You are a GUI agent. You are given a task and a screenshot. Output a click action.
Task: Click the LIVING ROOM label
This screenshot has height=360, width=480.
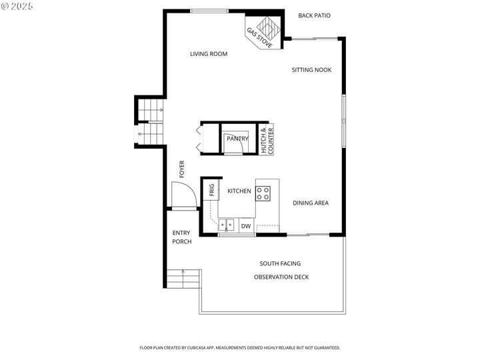tap(209, 54)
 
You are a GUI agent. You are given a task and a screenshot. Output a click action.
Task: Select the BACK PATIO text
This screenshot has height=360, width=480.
tap(314, 15)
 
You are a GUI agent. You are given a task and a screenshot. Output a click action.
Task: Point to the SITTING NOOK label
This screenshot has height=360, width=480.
tap(311, 70)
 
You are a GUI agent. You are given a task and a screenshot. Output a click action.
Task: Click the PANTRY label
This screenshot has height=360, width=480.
tap(237, 139)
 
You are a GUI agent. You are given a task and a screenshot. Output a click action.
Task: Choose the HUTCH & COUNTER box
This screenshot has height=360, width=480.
tap(267, 140)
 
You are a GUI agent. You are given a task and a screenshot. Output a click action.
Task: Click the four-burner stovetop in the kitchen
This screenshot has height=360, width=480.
tap(264, 193)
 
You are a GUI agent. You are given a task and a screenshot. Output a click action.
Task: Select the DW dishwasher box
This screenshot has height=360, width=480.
tap(245, 227)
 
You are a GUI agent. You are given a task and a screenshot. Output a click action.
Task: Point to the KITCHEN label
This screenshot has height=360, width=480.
tap(239, 191)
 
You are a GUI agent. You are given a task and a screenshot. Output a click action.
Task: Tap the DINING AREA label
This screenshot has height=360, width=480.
tap(311, 203)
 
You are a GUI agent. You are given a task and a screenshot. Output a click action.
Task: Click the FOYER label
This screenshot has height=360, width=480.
tap(181, 169)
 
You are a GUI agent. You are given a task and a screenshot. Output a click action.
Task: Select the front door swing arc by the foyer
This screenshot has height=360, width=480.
tap(183, 194)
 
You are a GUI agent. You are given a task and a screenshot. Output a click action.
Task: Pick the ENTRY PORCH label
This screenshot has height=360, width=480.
tap(182, 237)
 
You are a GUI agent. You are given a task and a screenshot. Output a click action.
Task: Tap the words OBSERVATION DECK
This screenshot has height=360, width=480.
tap(281, 277)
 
